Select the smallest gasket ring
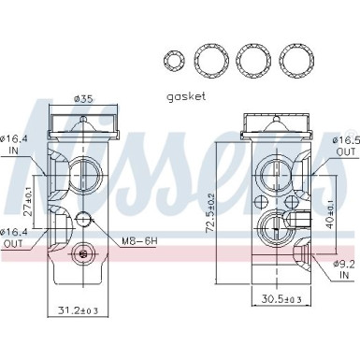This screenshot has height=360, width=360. pos(173,62)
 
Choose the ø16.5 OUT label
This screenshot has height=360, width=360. pos(345,145)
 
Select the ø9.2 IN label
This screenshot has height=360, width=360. pos(345,269)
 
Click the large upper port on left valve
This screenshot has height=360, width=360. pos(85,174)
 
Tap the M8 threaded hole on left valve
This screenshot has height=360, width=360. pos(85,221)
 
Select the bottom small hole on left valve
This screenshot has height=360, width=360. pos(85,252)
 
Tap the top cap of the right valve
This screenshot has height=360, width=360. pos(276,124)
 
